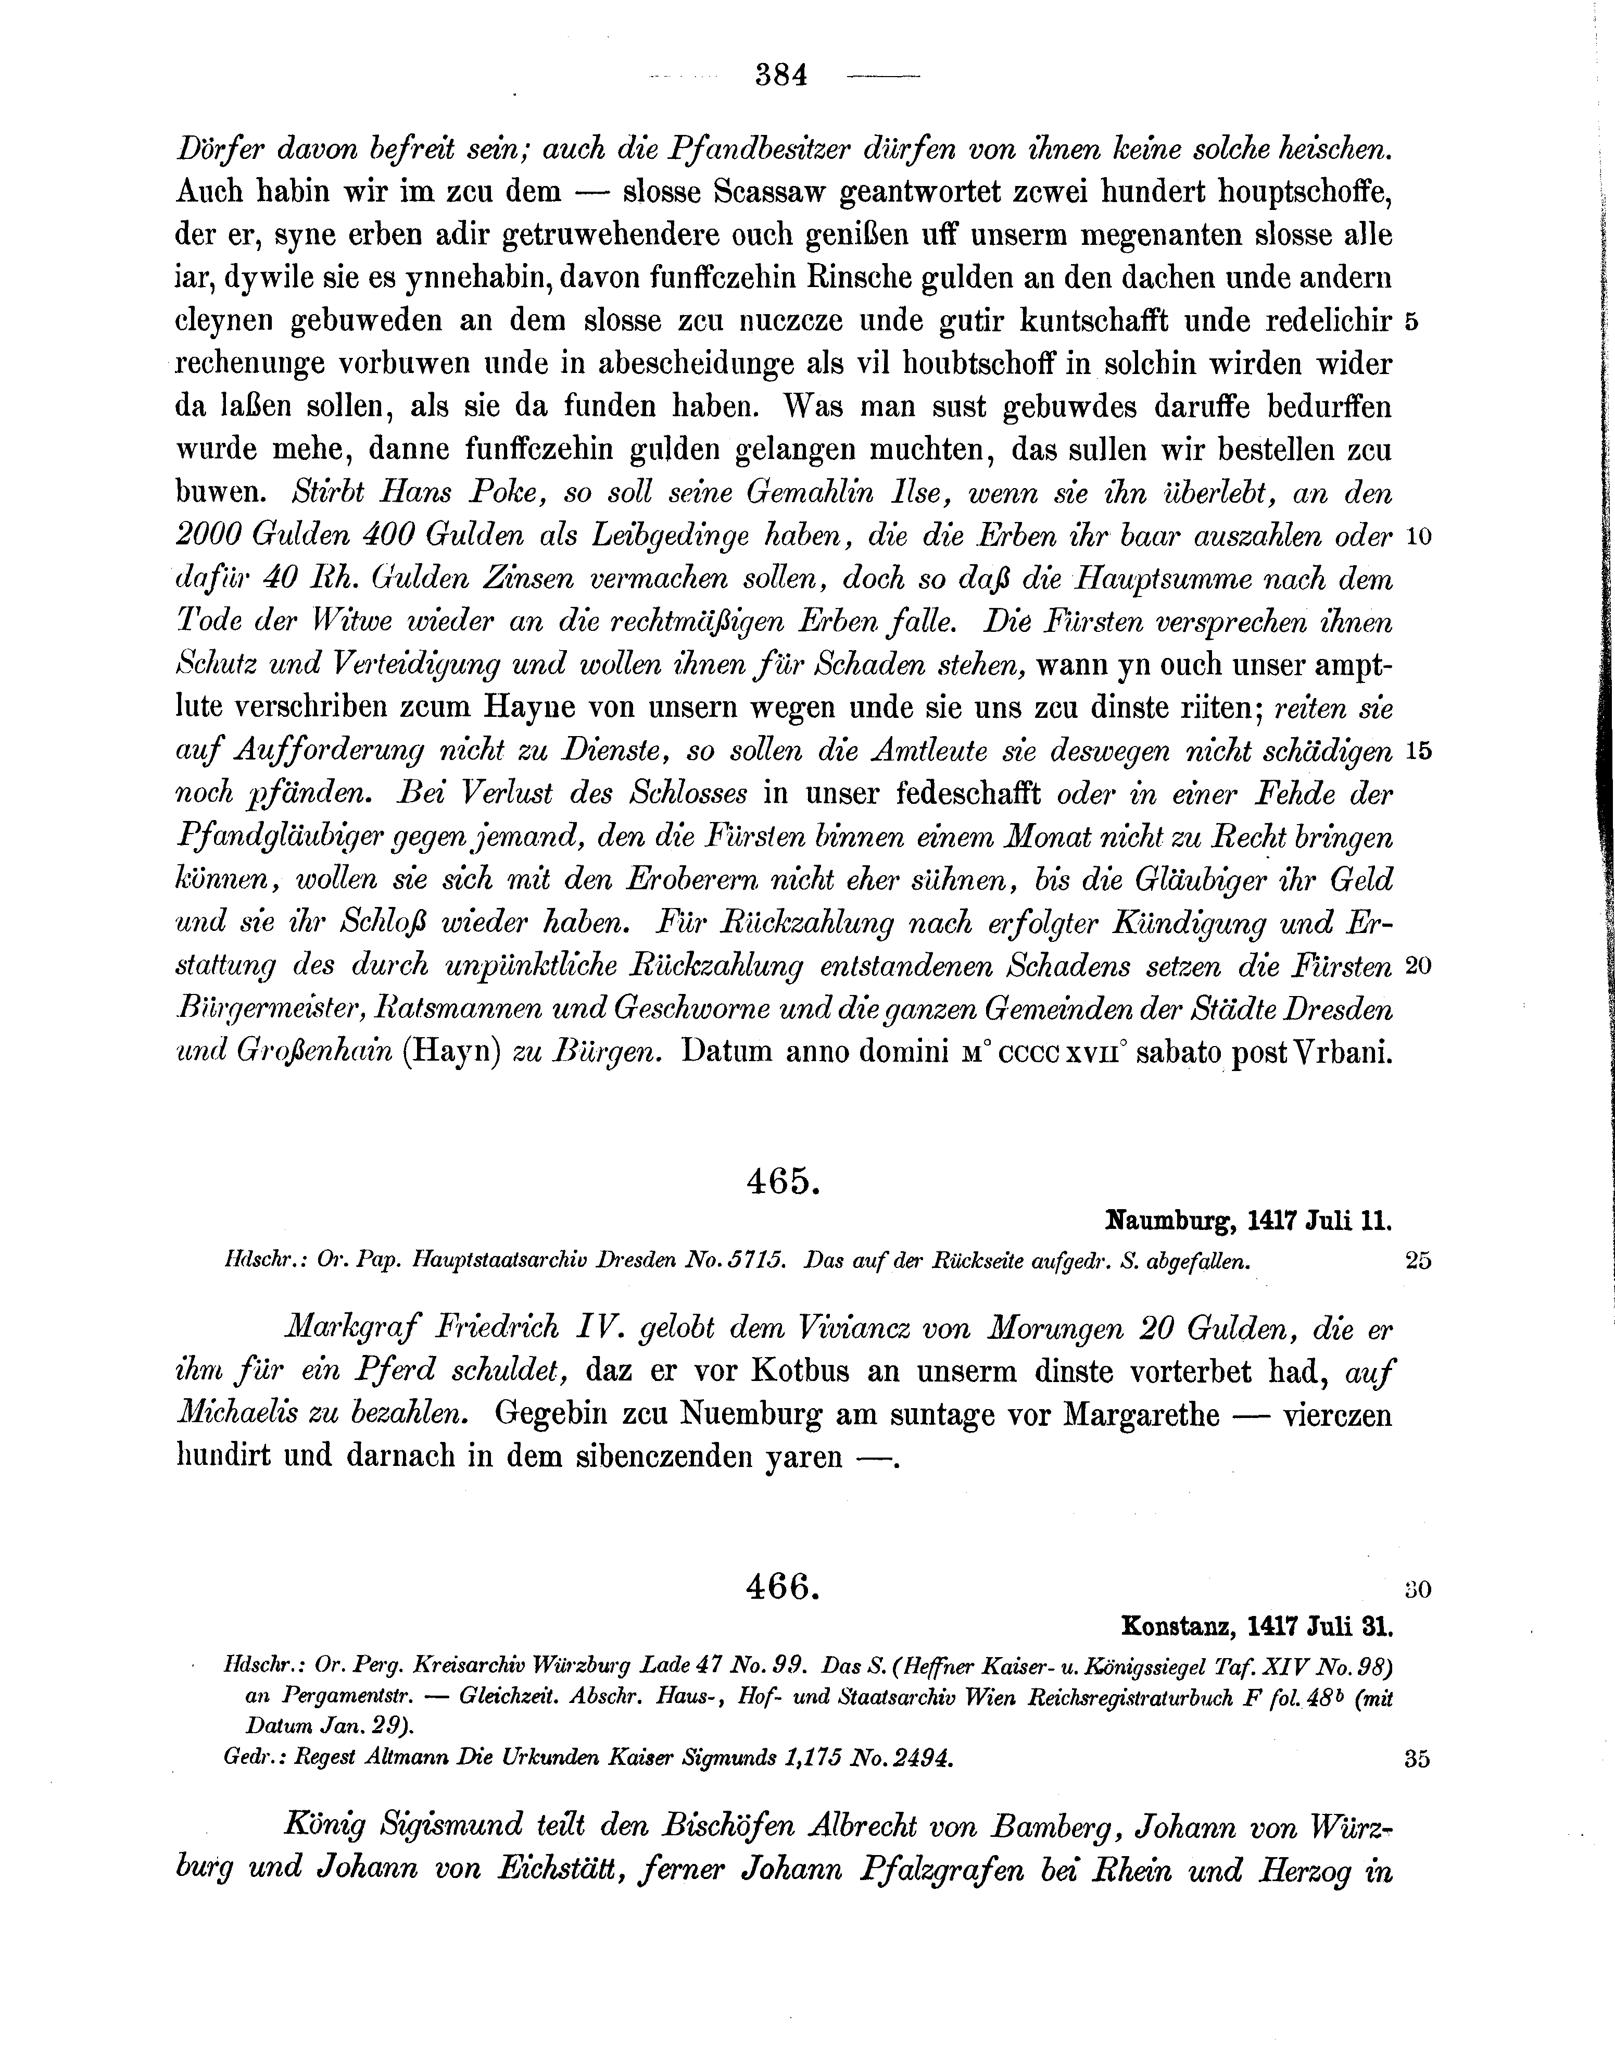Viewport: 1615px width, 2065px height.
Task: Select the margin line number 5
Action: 1412,321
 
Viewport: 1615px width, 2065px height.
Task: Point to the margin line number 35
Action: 1417,1759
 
